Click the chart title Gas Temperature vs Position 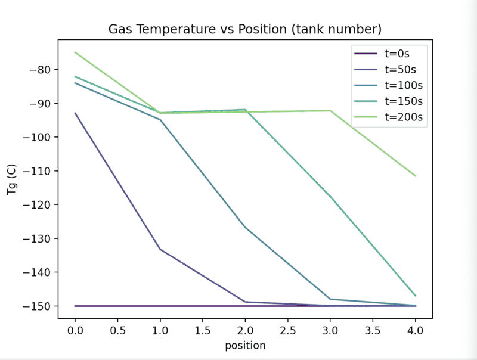[245, 29]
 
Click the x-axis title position [245, 345]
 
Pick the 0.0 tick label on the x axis [75, 330]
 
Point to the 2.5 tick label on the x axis [288, 330]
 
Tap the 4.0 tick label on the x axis [416, 330]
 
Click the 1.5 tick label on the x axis [203, 330]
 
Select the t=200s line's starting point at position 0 [75, 52]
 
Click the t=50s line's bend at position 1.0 [160, 249]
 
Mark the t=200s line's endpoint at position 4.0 [416, 176]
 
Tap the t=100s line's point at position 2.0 [245, 227]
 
